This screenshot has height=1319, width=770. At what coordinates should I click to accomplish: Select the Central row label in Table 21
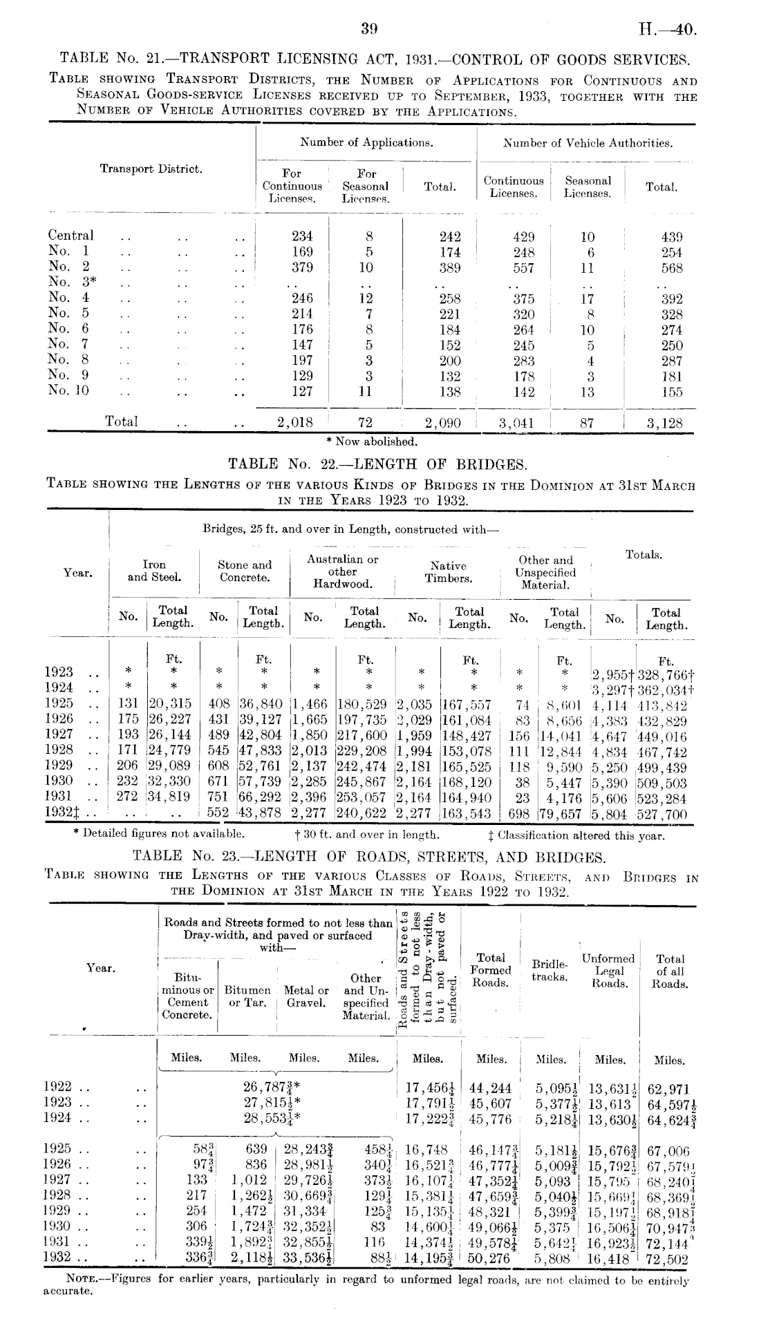(71, 236)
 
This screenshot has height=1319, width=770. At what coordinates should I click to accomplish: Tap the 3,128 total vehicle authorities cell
(664, 424)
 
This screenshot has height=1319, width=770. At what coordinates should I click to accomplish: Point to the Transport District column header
(151, 169)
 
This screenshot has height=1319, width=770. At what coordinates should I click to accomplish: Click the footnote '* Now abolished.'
(372, 442)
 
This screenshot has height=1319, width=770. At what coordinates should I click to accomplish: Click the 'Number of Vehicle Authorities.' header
(588, 144)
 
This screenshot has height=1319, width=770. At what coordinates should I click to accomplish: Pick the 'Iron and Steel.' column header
(154, 571)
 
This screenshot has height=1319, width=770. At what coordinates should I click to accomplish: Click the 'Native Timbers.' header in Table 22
(449, 572)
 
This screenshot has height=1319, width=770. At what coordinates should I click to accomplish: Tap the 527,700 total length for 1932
(663, 815)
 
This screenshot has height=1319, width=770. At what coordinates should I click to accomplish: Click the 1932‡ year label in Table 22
(60, 814)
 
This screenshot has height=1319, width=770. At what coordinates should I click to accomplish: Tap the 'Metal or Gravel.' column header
(306, 996)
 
